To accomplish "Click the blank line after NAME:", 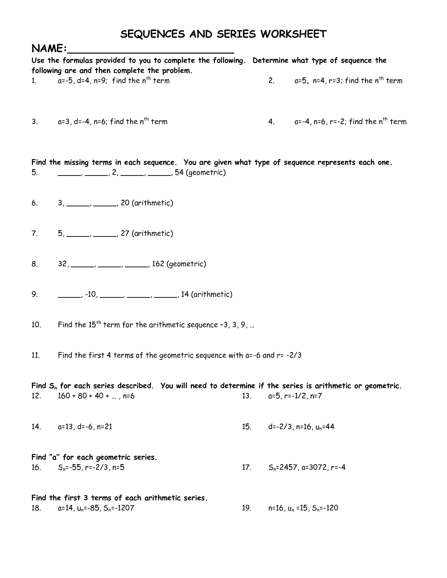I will tap(151, 50).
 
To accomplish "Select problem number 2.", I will tap(271, 81).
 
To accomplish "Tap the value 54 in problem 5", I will tap(179, 172).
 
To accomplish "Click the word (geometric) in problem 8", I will tap(186, 264).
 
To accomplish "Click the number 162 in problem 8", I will tap(158, 264).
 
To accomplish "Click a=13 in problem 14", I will tap(65, 427).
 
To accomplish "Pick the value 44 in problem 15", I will tap(330, 427).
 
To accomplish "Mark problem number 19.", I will tap(246, 508).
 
